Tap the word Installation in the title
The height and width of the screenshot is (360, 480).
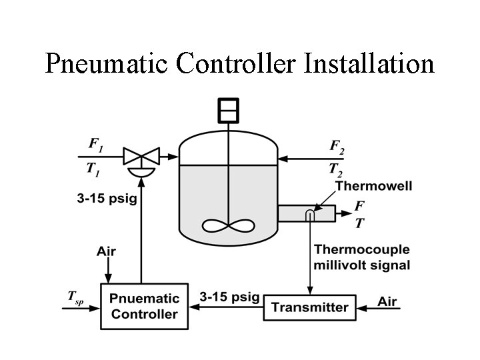click(369, 63)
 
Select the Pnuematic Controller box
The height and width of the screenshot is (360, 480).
click(144, 307)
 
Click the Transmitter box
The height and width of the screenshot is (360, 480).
click(310, 307)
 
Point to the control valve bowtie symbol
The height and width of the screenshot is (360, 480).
click(141, 157)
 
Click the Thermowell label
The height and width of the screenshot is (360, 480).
click(373, 186)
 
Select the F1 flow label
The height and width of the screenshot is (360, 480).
click(97, 144)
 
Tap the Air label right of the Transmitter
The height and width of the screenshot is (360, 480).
click(387, 301)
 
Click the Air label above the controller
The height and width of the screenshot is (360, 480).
click(106, 251)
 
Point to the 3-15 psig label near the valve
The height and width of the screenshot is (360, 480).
click(105, 199)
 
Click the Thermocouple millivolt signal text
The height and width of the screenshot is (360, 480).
click(362, 257)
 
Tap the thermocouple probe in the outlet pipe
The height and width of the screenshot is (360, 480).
click(310, 214)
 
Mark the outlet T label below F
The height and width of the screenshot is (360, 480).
click(359, 224)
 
